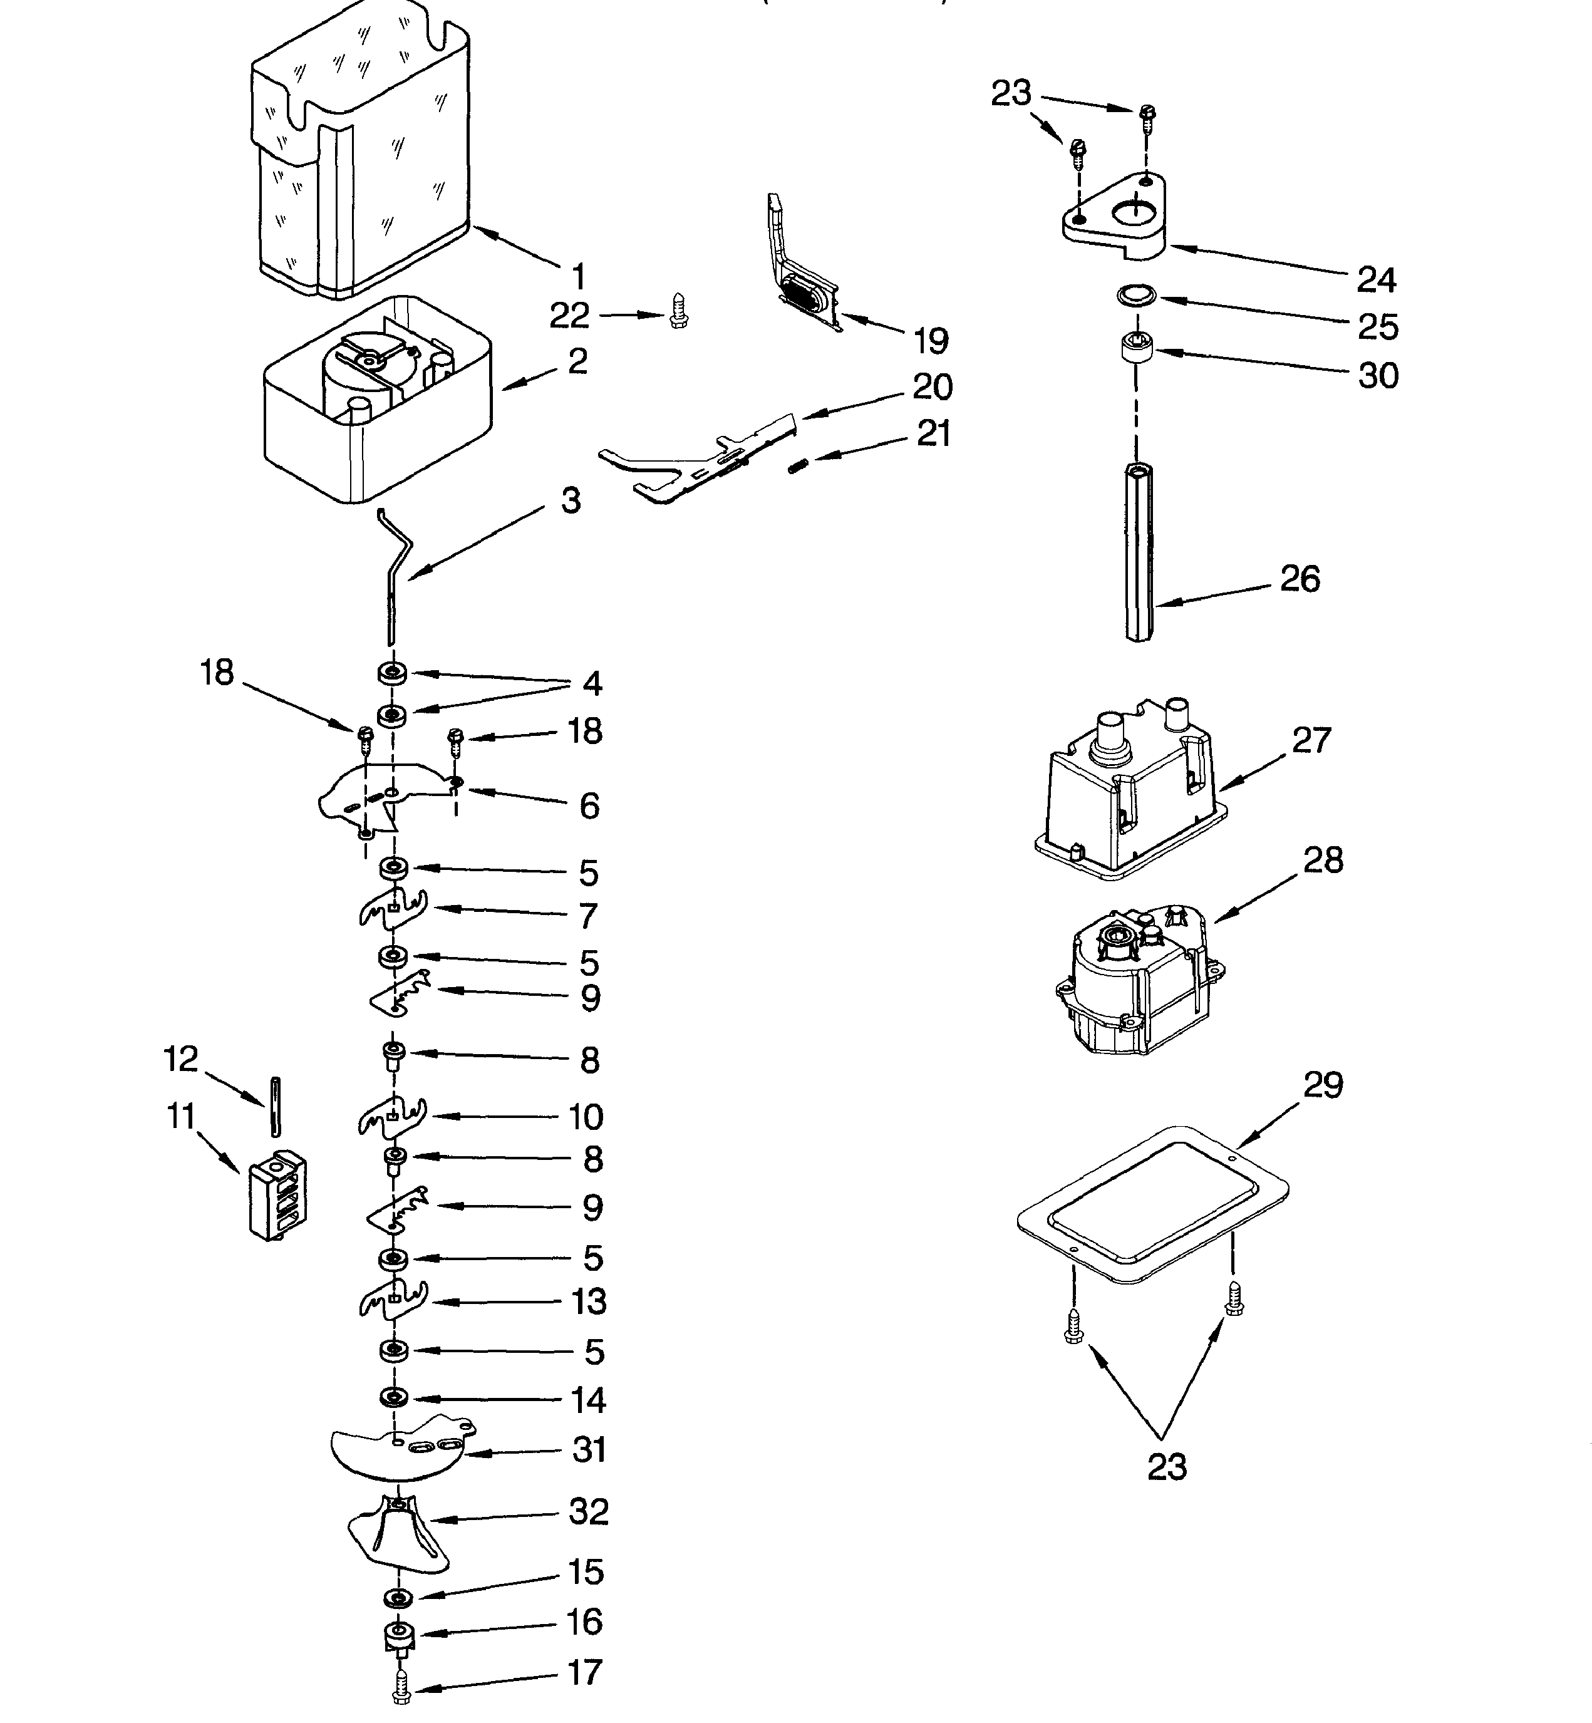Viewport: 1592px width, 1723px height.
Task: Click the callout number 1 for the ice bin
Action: tap(579, 277)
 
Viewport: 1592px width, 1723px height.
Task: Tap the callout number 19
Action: tap(931, 342)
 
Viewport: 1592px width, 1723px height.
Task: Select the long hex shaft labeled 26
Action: tap(1139, 551)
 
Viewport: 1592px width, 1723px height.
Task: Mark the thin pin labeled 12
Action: tap(276, 1107)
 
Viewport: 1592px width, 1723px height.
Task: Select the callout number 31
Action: tap(589, 1451)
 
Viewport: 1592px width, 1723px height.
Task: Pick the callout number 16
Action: tap(584, 1622)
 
